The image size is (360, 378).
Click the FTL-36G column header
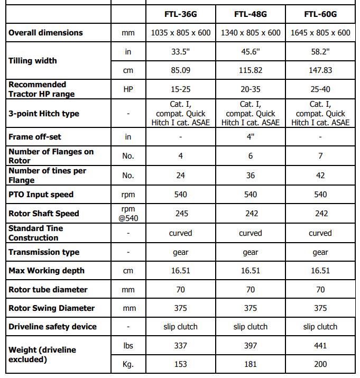coord(180,13)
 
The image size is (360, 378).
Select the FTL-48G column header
coord(250,13)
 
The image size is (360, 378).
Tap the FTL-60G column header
coord(320,13)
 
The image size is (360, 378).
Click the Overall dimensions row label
coord(45,33)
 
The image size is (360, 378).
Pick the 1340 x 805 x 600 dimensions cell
coord(250,33)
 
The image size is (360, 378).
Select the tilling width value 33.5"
coord(180,51)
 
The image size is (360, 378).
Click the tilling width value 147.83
coord(320,70)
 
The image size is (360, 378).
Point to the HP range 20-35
coord(250,89)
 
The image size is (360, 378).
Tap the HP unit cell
coord(128,89)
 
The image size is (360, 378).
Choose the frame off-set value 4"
coord(250,137)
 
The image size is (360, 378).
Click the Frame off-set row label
coord(35,137)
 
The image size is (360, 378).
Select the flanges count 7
coord(320,156)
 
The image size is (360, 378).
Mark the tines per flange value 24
coord(180,176)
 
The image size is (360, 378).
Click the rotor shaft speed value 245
coord(180,214)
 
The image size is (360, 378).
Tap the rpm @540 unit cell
coord(128,214)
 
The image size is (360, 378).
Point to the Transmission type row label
coord(44,252)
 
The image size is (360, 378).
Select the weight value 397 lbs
coord(250,345)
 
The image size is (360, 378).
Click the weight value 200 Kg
coord(320,364)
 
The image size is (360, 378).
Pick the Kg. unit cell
coord(128,364)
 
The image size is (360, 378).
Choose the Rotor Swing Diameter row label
coord(52,308)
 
